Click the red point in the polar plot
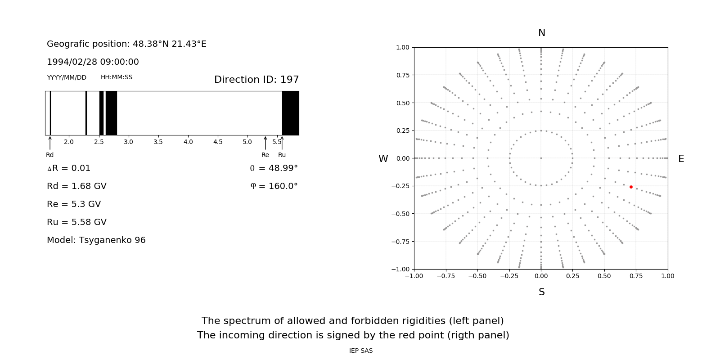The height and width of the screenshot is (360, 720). pos(631,187)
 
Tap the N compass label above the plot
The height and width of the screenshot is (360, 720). pos(542,33)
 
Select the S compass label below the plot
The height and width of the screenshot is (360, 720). pos(542,292)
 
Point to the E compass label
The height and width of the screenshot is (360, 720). pos(681,159)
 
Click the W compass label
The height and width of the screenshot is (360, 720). pos(383,159)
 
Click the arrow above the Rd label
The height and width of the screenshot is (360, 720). pos(50,143)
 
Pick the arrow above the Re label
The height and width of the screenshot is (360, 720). pos(265,143)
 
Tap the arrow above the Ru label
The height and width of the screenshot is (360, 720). pos(282,143)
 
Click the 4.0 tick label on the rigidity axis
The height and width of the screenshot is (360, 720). pos(188,142)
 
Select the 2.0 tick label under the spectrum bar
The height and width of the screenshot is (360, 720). pos(69,142)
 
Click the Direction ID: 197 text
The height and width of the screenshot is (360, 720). pos(256,80)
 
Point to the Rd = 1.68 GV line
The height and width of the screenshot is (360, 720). pos(76,186)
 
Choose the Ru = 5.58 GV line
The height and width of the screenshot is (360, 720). pos(76,222)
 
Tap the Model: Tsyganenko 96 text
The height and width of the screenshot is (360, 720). pos(96,240)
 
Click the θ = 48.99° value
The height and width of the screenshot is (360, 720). pos(274,168)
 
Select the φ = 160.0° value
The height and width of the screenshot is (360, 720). pos(274,186)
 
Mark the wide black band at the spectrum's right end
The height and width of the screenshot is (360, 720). pos(290,113)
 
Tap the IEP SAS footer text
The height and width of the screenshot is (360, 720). pos(360,351)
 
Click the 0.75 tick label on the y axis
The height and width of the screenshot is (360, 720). pos(402,75)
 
